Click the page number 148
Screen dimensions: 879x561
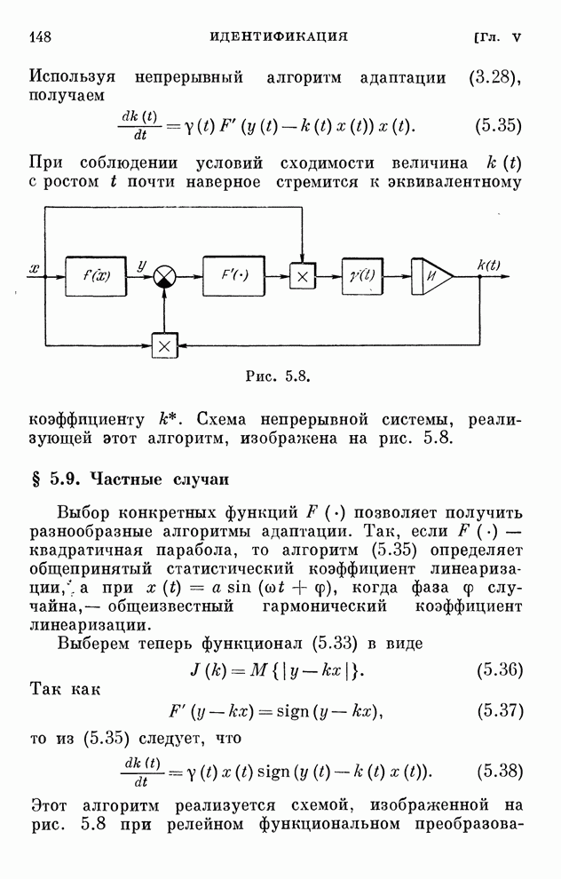click(42, 36)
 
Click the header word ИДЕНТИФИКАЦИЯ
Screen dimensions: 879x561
click(278, 36)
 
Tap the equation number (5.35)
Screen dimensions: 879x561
click(498, 124)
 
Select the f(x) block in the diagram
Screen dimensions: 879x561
click(97, 276)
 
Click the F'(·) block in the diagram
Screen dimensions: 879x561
click(233, 276)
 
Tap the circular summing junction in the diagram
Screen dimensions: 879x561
click(165, 277)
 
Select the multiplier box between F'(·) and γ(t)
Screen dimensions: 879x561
click(303, 277)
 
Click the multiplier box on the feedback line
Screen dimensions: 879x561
click(165, 345)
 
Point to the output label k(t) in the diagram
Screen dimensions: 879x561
click(489, 264)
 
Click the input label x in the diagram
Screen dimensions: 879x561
click(35, 267)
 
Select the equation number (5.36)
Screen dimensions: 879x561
click(498, 669)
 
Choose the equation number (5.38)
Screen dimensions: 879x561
click(498, 770)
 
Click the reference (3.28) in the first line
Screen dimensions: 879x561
click(494, 76)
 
